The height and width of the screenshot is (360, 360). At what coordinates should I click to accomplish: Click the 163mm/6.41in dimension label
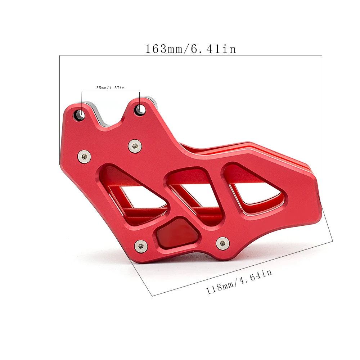pyautogui.click(x=191, y=49)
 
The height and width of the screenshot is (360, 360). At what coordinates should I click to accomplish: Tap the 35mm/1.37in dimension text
pyautogui.click(x=110, y=88)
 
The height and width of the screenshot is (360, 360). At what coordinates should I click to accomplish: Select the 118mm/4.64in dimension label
pyautogui.click(x=239, y=282)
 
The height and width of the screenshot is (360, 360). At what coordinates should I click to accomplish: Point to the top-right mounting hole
pyautogui.click(x=140, y=109)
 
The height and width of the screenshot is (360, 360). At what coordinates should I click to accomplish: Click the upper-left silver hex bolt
pyautogui.click(x=84, y=156)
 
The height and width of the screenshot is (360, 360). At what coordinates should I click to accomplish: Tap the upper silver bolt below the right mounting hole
pyautogui.click(x=135, y=146)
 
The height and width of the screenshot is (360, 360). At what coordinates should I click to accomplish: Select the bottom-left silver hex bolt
pyautogui.click(x=141, y=246)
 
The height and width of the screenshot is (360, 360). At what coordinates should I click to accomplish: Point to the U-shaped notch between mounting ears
pyautogui.click(x=110, y=121)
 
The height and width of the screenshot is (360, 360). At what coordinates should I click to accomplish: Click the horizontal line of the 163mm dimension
pyautogui.click(x=191, y=55)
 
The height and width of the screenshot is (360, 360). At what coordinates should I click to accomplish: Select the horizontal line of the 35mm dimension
pyautogui.click(x=110, y=92)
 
